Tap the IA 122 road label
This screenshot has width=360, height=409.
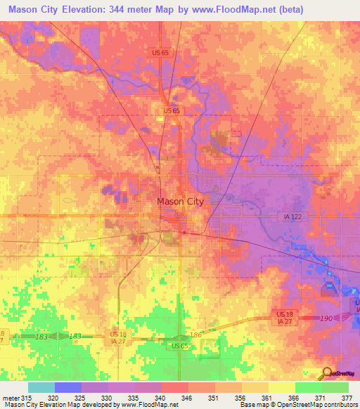tap(290, 218)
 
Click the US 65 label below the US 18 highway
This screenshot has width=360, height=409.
tap(181, 346)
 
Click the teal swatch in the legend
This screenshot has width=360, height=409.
tap(41, 387)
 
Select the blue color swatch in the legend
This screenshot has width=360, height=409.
tap(67, 387)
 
